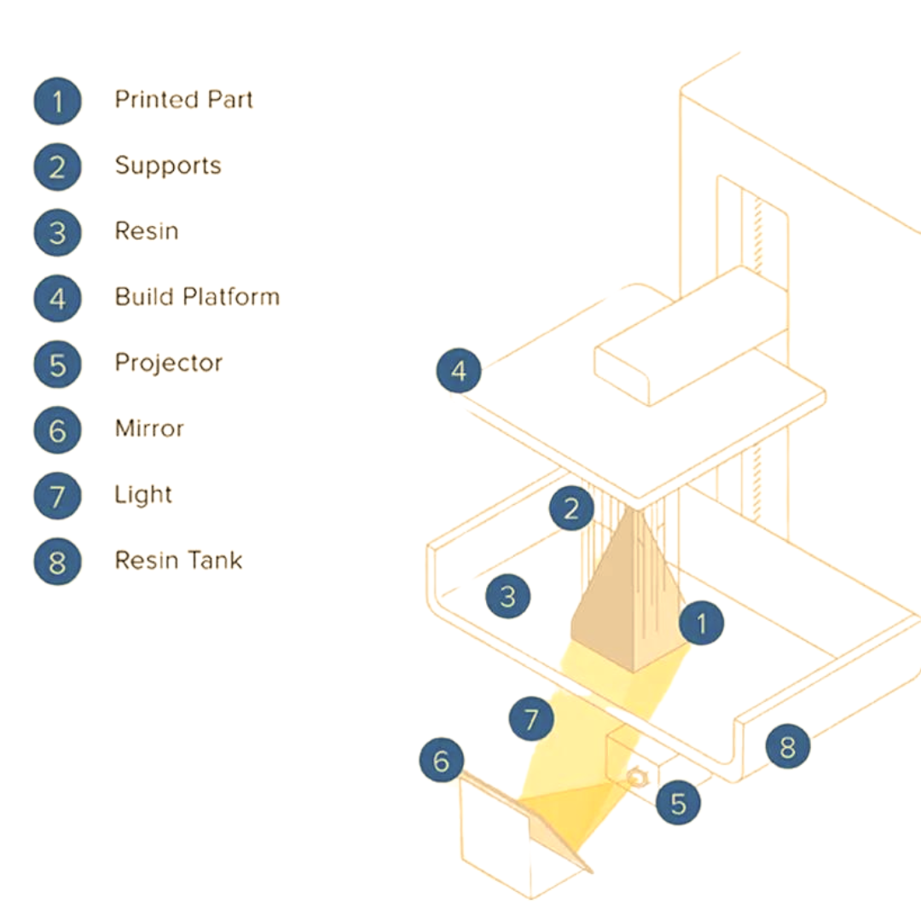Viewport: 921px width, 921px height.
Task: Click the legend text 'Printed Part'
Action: pos(183,100)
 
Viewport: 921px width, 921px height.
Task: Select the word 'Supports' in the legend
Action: pos(168,165)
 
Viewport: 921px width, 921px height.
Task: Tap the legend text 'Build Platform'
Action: pos(197,297)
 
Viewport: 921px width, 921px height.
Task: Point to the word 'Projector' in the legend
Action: pos(168,363)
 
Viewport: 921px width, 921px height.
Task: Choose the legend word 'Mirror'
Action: pos(149,429)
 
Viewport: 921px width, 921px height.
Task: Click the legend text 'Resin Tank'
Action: pos(178,560)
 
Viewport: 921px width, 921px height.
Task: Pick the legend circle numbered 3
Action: pos(57,232)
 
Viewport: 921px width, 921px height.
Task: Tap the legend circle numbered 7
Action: pos(57,495)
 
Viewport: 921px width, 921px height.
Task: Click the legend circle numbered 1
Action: pos(57,101)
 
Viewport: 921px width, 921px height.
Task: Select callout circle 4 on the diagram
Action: pos(459,372)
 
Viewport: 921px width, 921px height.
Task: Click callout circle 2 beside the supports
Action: pos(571,509)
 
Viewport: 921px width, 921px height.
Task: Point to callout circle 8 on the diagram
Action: pos(787,747)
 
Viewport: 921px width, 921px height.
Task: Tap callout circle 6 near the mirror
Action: pos(442,761)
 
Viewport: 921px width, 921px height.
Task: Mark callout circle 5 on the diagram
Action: pos(679,803)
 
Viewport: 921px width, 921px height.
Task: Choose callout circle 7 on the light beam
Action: pos(531,720)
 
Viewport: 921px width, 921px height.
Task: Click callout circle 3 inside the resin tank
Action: pos(507,595)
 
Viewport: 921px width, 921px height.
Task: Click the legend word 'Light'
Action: pos(143,495)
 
